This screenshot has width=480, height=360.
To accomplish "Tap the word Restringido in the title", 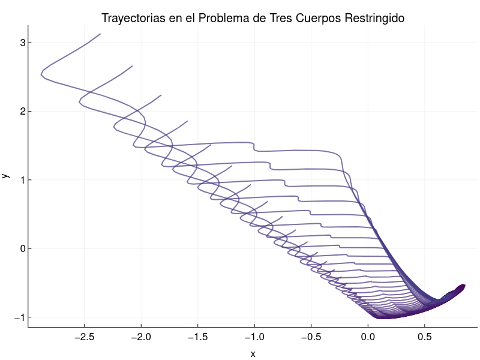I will pyautogui.click(x=376, y=19).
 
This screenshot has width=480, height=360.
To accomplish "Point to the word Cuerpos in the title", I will pyautogui.click(x=322, y=19).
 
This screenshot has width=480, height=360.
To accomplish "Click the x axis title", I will pyautogui.click(x=253, y=354).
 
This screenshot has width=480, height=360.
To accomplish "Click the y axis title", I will pyautogui.click(x=5, y=176).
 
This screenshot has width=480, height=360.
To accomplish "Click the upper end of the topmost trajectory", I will pyautogui.click(x=100, y=34).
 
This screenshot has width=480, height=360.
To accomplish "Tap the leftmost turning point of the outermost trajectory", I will pyautogui.click(x=41, y=74).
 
